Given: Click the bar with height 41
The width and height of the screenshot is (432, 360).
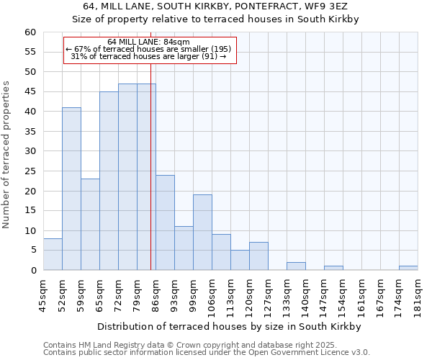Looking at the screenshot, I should (x=71, y=189).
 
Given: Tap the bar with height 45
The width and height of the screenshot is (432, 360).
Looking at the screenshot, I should (x=109, y=181).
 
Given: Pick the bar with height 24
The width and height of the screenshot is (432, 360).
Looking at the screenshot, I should (x=165, y=222).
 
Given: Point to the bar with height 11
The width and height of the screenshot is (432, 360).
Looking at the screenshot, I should (x=184, y=248).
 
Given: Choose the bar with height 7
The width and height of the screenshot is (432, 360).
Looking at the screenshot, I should (x=258, y=256).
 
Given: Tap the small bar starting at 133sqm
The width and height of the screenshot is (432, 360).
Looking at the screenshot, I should (x=296, y=266).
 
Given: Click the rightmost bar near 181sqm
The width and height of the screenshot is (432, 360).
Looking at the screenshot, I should (x=408, y=268).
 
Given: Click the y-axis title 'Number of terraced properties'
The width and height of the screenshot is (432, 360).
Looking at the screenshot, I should (x=7, y=155).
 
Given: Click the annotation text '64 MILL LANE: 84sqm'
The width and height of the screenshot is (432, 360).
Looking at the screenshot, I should (x=148, y=42).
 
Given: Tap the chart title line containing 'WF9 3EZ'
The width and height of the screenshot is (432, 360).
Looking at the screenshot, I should (x=215, y=6).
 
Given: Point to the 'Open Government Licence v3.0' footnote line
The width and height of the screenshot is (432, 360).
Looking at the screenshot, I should (x=207, y=352).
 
